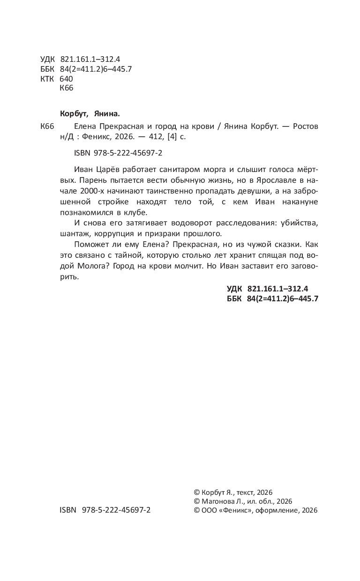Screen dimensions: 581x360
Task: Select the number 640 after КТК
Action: coord(67,79)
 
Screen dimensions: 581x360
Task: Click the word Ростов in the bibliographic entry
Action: coord(306,127)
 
